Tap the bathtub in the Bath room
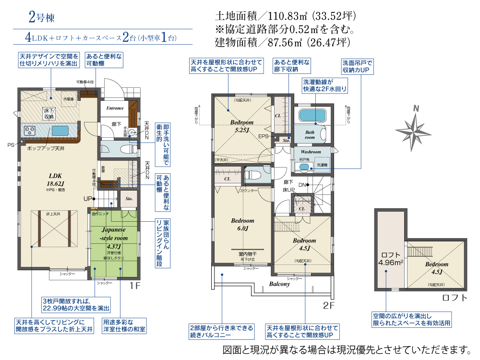click(x=312, y=116)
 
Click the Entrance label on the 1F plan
click(x=115, y=108)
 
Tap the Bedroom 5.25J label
click(x=241, y=126)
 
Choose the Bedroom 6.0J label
click(x=243, y=225)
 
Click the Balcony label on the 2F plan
click(x=279, y=284)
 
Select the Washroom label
click(x=311, y=151)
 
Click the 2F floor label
click(x=328, y=304)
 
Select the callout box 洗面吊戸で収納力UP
click(x=357, y=66)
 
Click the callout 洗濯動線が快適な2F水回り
click(x=324, y=85)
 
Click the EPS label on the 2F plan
click(x=263, y=136)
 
